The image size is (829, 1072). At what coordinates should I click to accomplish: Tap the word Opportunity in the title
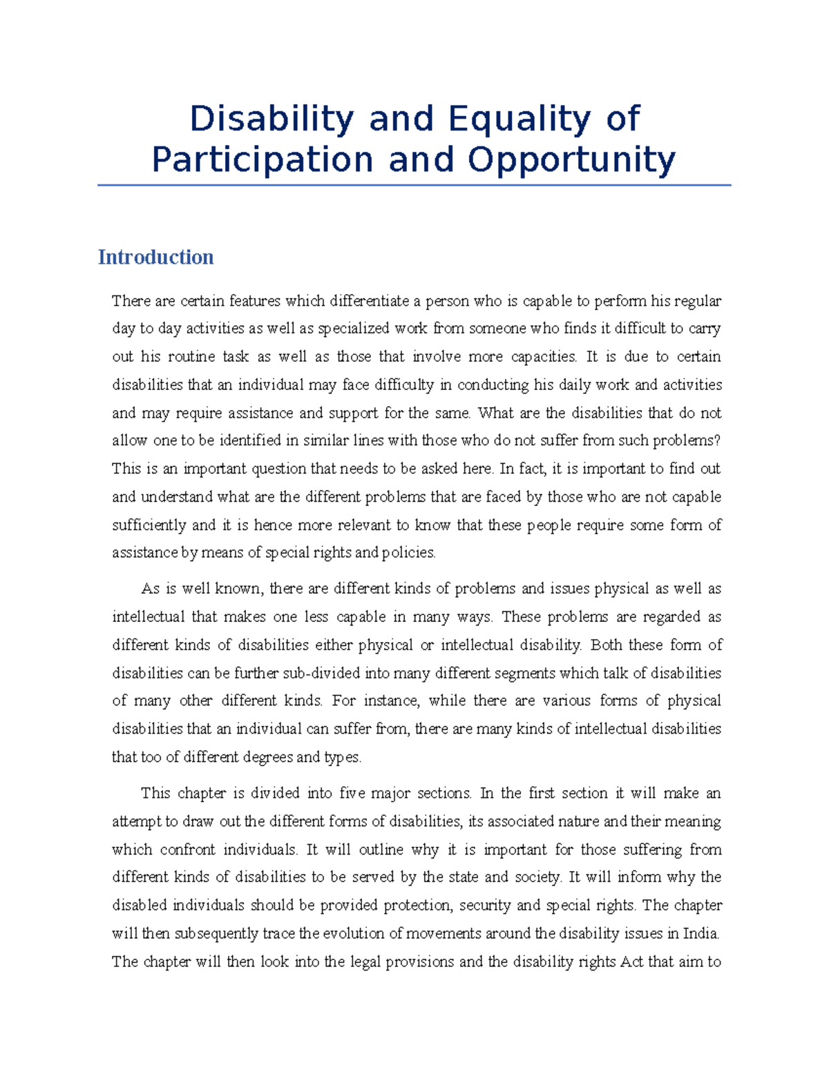[x=571, y=160]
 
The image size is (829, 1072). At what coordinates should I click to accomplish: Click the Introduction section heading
[x=155, y=257]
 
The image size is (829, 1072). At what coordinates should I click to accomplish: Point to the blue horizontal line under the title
[x=414, y=185]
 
